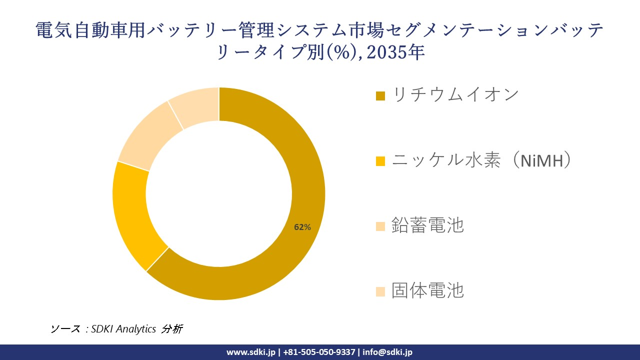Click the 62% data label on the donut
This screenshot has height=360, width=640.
tap(302, 227)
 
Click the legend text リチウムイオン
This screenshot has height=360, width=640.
tap(455, 94)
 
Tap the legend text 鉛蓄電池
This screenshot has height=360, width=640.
tap(427, 225)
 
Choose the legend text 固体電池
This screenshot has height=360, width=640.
tap(427, 290)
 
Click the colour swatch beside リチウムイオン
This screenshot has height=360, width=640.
tap(380, 95)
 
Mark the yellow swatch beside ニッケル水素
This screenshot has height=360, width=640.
tap(380, 161)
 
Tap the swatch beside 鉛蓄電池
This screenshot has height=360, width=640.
tap(380, 226)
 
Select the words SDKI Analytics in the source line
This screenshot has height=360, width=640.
tap(123, 329)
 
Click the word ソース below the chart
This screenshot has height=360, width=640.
tap(65, 329)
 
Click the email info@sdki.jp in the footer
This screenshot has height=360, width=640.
tap(387, 352)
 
